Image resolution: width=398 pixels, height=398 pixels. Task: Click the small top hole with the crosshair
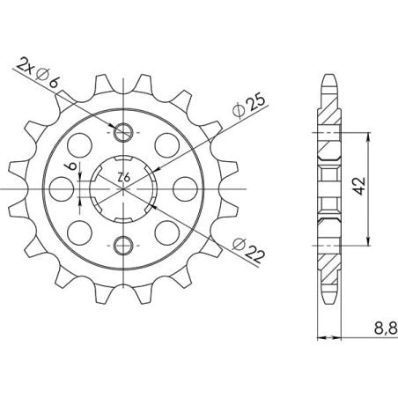[123, 132]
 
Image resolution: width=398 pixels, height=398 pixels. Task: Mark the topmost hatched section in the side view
[328, 110]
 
